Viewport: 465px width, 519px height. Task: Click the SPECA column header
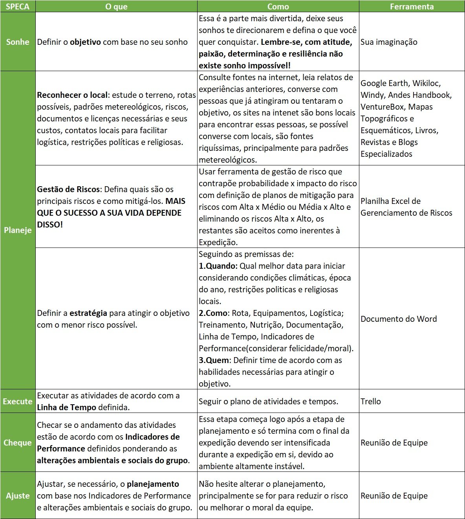point(18,6)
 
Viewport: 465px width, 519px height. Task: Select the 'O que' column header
point(116,6)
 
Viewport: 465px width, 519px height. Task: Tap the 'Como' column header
point(278,6)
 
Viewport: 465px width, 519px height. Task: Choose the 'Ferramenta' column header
point(412,6)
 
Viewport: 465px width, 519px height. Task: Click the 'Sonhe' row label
point(18,42)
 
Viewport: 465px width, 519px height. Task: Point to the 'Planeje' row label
point(18,230)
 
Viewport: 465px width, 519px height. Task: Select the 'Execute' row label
point(18,401)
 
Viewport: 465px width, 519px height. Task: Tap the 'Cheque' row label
point(18,442)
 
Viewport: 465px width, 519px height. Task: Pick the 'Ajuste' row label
point(18,495)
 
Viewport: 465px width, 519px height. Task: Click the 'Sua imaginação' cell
point(389,42)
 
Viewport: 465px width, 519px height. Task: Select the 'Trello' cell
point(371,401)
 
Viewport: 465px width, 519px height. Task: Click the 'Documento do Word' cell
point(399,319)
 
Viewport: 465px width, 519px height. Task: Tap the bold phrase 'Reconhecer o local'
point(72,95)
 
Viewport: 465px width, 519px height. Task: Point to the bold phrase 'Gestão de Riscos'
point(68,189)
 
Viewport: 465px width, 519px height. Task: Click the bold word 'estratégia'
point(88,313)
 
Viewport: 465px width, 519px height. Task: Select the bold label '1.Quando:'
point(218,266)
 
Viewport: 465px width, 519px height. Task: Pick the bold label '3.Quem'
point(214,360)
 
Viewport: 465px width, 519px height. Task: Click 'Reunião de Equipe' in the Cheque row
point(394,442)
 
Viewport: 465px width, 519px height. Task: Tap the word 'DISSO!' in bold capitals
point(50,225)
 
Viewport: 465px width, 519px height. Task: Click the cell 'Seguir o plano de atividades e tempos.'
point(268,401)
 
